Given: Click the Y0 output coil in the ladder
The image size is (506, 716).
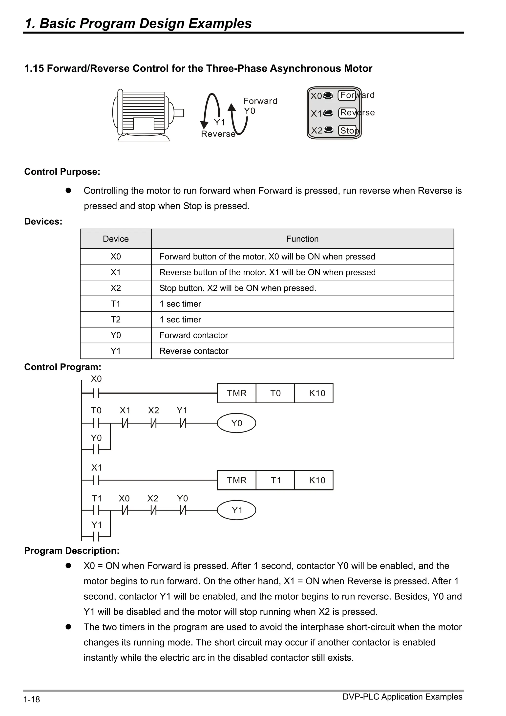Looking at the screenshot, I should [x=236, y=423].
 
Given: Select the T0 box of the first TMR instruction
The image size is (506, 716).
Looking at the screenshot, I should [x=275, y=393].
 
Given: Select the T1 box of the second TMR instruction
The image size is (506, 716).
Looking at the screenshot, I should [x=275, y=480].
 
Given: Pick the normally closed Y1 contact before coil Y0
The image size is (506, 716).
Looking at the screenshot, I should [x=183, y=423].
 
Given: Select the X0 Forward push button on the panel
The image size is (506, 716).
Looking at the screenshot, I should [x=328, y=95].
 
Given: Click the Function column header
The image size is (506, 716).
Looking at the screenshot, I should [x=302, y=239].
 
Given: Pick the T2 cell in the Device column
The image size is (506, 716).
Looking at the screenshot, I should [x=116, y=319].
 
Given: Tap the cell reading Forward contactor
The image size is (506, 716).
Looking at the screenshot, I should [x=194, y=335].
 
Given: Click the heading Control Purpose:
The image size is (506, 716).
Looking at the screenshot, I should [x=62, y=172].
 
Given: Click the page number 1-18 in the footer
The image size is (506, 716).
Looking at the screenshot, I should [x=31, y=699].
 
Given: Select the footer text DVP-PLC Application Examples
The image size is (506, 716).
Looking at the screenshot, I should [x=402, y=697].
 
